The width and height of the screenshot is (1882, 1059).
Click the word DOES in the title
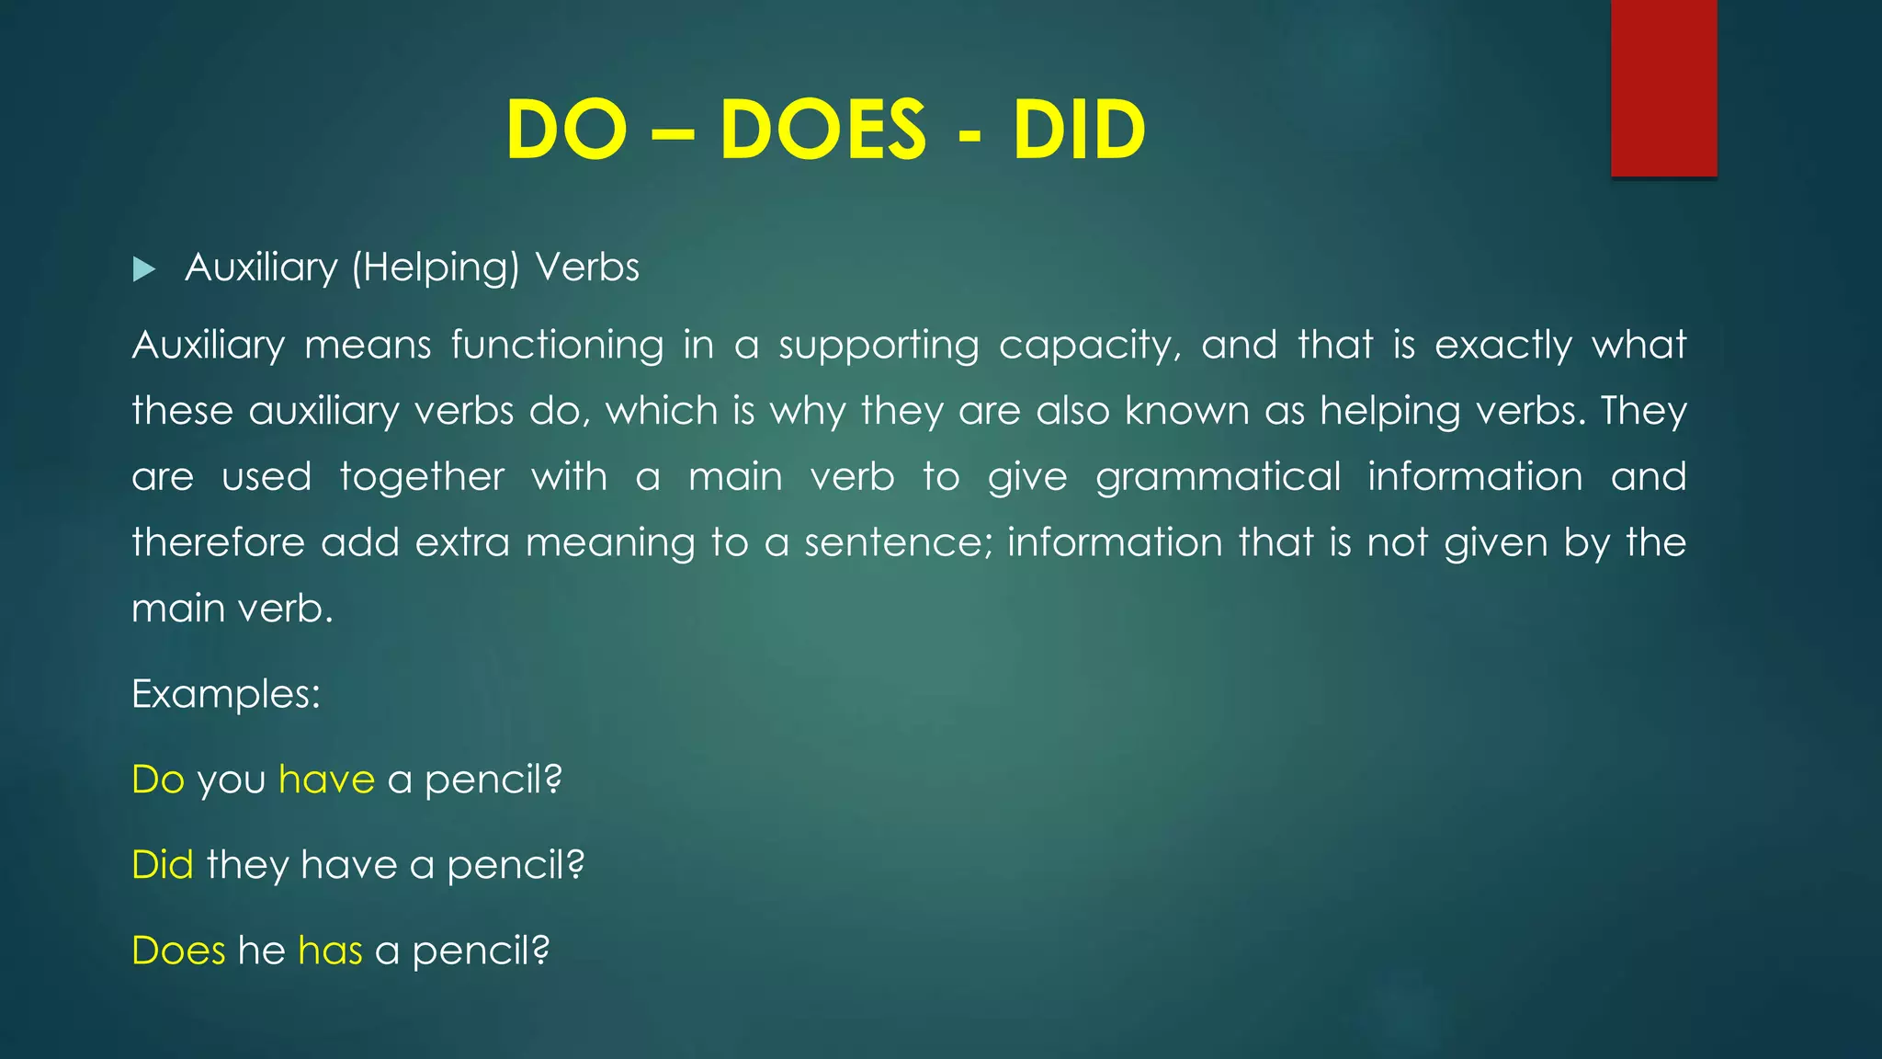click(822, 130)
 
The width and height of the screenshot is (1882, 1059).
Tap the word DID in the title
click(1079, 130)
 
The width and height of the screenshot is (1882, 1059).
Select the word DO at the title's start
click(566, 130)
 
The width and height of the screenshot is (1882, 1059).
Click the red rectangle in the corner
click(1663, 87)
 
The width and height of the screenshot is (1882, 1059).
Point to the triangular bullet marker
click(144, 269)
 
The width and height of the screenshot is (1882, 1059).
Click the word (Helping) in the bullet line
click(436, 268)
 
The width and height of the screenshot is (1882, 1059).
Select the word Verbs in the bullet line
click(587, 268)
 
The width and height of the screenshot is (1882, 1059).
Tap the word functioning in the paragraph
click(557, 346)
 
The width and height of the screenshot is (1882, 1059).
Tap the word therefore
click(218, 542)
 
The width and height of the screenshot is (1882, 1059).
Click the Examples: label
click(226, 694)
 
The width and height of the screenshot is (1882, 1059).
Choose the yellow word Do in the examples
click(158, 780)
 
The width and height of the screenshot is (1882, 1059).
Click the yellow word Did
click(163, 865)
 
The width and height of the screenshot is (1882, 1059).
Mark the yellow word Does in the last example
click(178, 951)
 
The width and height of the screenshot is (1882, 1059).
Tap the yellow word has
click(330, 951)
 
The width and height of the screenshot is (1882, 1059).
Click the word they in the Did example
click(246, 866)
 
